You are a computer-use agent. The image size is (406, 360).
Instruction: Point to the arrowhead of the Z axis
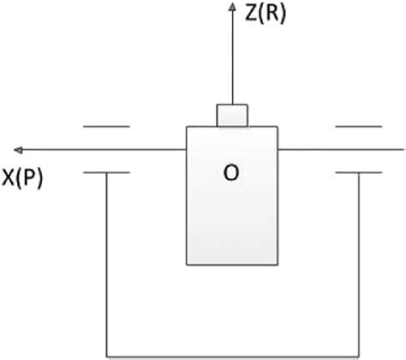tap(232, 8)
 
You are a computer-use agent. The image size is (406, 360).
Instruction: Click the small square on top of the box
tap(232, 115)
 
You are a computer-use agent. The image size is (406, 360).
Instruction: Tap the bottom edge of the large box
tap(232, 264)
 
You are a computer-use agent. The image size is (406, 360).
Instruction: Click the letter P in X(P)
tap(28, 180)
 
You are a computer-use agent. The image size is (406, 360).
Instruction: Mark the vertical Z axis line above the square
tap(232, 60)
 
